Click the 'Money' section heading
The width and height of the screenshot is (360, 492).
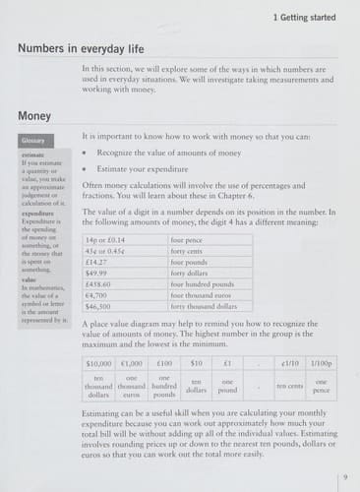[34, 117]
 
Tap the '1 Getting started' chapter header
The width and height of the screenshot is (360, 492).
[305, 19]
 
